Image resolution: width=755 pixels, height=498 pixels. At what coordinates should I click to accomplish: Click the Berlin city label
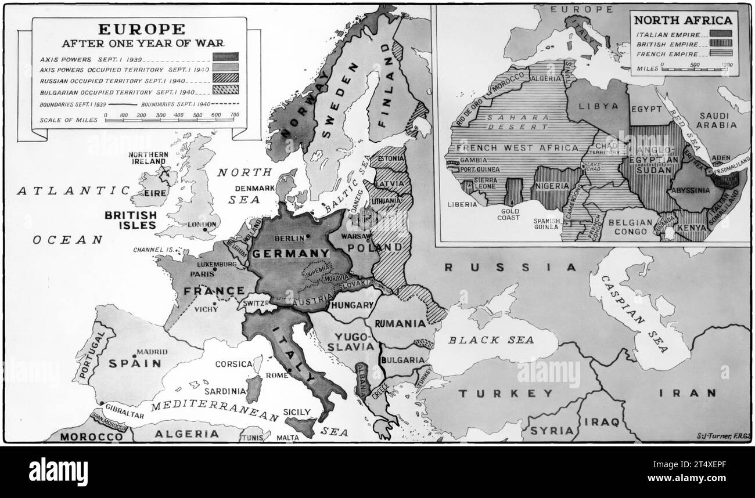click(285, 237)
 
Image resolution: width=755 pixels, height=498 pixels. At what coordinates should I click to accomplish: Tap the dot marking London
click(206, 230)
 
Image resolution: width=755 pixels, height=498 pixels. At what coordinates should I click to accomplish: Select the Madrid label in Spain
click(152, 352)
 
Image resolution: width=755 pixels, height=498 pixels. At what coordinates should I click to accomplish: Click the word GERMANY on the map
click(290, 253)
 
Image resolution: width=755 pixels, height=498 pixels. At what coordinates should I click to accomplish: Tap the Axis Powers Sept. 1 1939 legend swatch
click(225, 57)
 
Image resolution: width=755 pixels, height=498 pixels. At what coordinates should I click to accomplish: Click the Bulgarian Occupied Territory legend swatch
click(225, 89)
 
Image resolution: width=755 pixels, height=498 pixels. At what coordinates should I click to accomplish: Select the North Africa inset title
click(682, 20)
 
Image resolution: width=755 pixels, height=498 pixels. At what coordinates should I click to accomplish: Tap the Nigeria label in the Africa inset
click(551, 186)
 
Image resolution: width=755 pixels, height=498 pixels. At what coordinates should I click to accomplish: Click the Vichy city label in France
click(206, 309)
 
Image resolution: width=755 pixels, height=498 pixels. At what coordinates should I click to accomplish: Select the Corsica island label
click(233, 364)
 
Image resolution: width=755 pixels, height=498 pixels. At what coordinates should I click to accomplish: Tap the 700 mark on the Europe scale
click(235, 115)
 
